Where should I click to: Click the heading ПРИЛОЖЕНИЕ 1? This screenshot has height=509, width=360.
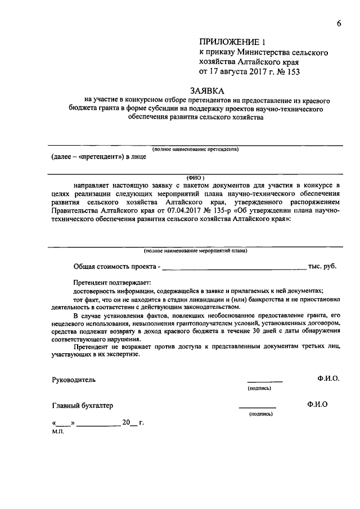[231, 42]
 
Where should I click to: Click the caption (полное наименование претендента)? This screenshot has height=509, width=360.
[195, 149]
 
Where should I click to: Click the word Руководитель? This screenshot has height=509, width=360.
[74, 379]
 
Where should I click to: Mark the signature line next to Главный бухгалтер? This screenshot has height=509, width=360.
[258, 407]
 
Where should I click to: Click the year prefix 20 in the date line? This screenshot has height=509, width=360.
[125, 424]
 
